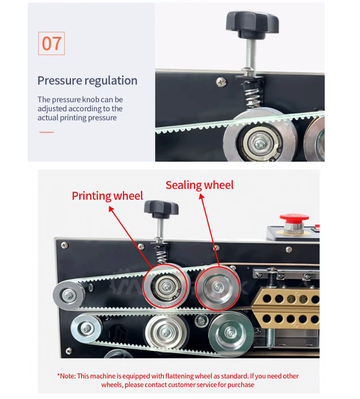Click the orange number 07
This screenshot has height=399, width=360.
(51, 44)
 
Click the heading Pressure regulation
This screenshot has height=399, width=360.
(87, 80)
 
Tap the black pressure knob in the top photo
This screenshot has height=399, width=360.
(252, 23)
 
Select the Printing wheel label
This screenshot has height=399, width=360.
(107, 196)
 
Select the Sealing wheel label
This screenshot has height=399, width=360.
(199, 185)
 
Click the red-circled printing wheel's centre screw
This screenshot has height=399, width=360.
(166, 287)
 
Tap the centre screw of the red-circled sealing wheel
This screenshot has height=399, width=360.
(218, 287)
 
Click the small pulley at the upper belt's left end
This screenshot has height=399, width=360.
(68, 295)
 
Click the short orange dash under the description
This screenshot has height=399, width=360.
(46, 132)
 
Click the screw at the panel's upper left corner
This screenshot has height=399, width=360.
(65, 245)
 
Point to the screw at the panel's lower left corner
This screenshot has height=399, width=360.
(69, 351)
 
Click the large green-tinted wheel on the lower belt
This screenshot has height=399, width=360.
(231, 333)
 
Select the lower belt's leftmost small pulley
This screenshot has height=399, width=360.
(86, 328)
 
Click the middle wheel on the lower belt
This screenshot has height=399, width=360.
(166, 332)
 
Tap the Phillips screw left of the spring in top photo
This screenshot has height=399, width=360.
(221, 82)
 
